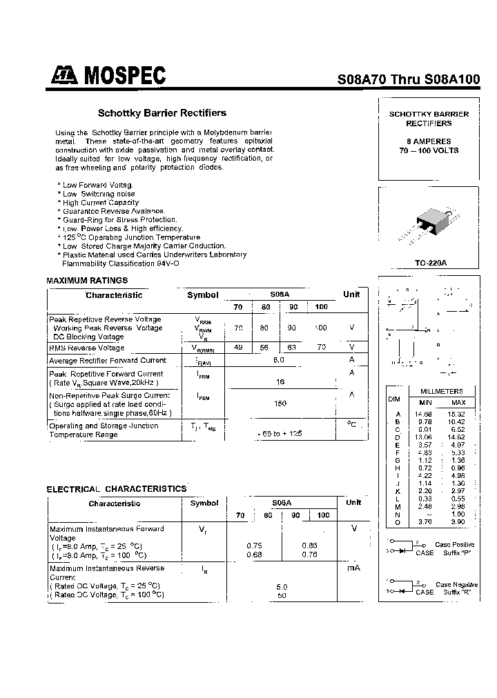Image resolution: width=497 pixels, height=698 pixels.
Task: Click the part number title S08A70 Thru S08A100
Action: (408, 79)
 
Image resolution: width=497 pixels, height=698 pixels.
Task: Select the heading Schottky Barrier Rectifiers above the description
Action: (162, 112)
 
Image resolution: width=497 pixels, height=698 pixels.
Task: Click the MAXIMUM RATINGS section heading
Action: (87, 281)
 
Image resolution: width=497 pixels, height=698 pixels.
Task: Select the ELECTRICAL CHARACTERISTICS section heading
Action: (117, 488)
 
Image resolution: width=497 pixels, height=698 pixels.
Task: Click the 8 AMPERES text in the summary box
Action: (429, 141)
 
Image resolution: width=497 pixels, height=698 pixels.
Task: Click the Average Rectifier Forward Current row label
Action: (108, 360)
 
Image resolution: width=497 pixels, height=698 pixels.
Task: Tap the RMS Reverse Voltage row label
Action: (87, 348)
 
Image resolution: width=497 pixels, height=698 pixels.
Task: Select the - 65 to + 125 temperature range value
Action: (279, 434)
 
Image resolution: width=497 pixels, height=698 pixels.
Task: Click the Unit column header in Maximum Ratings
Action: (351, 295)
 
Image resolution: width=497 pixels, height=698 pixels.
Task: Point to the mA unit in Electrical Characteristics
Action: (353, 568)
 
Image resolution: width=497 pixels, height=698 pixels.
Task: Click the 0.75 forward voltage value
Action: (253, 545)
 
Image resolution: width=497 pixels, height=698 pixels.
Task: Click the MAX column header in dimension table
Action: (458, 402)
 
